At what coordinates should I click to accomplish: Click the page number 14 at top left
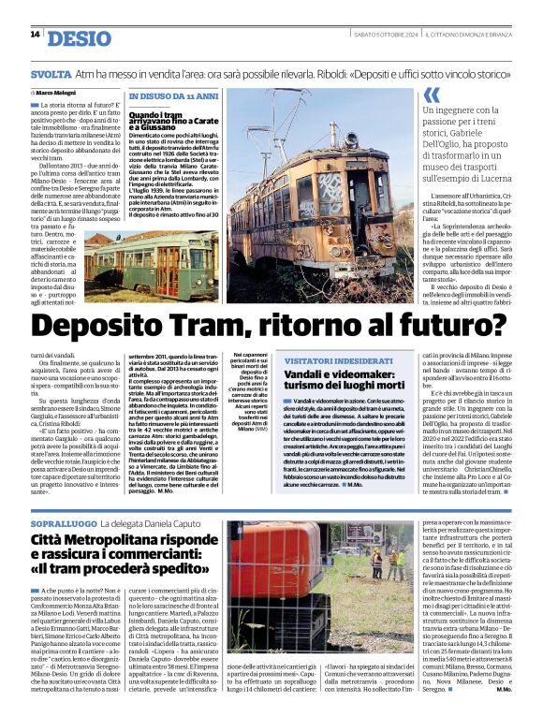pos(35,36)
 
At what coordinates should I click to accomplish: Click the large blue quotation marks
pos(432,95)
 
